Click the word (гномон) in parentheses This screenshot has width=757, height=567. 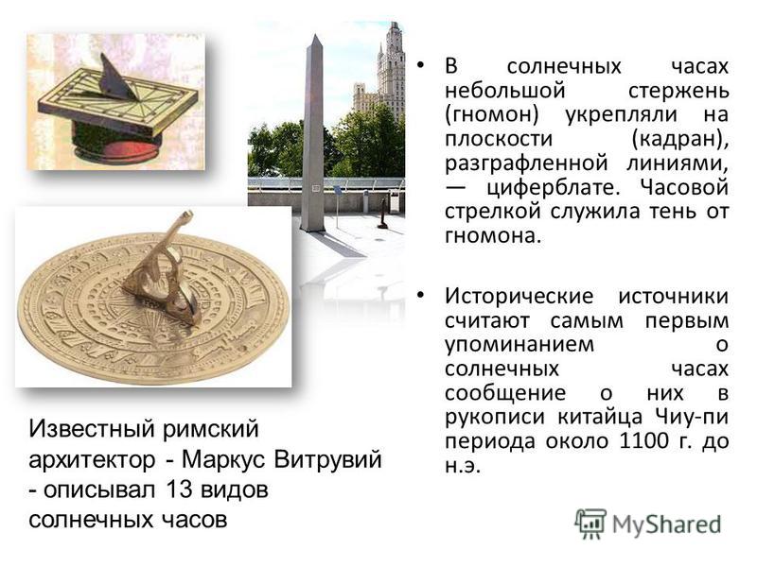(x=491, y=114)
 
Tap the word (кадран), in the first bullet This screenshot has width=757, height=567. (x=679, y=139)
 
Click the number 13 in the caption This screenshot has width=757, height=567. (x=179, y=490)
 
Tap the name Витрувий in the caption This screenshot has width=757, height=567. (x=327, y=459)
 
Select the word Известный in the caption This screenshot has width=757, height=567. (x=92, y=429)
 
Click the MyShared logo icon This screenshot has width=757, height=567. (x=590, y=524)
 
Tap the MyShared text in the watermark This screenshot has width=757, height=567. (x=667, y=524)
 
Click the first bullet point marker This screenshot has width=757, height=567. (x=420, y=65)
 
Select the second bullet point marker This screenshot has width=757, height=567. (x=420, y=295)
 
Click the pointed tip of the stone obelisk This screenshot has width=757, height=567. (x=315, y=34)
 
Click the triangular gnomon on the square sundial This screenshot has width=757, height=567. (x=117, y=78)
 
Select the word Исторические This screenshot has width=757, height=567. (x=519, y=296)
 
